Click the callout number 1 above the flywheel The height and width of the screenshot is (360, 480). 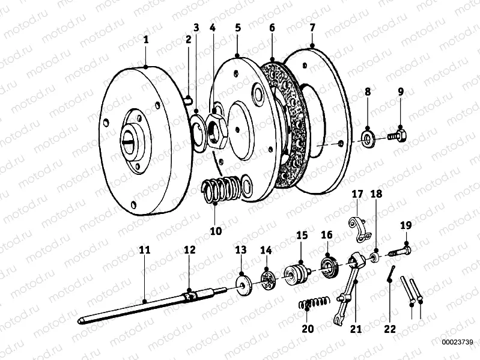point(145,39)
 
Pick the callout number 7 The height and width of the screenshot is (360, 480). point(312,28)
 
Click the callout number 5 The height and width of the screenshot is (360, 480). point(237,28)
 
